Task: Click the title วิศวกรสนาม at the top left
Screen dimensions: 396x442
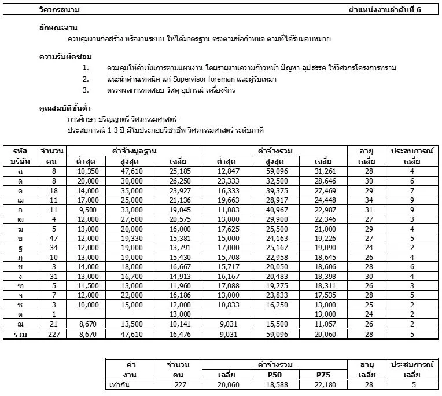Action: (60, 10)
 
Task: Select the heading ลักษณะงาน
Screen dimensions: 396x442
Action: (57, 28)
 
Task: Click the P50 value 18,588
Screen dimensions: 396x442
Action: (275, 384)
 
